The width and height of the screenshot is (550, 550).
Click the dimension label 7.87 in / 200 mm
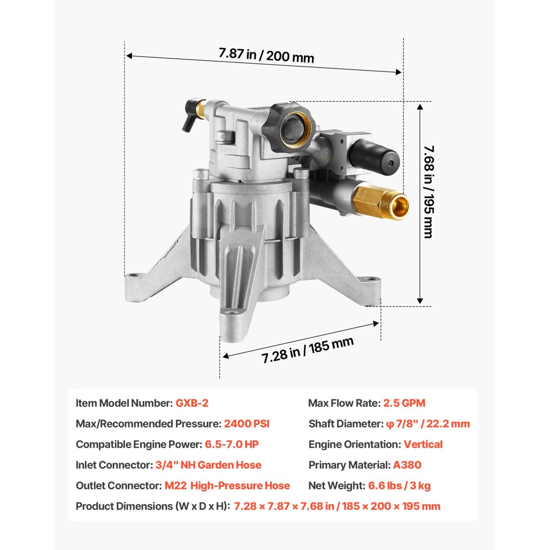[x=266, y=55]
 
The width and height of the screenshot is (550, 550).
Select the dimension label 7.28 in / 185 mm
[x=308, y=350]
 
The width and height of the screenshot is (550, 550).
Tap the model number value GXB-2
[x=192, y=403]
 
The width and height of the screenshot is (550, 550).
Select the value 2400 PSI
[x=247, y=423]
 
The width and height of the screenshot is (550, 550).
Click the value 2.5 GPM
[x=404, y=403]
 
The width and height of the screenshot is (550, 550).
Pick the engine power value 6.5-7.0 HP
[x=232, y=444]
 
